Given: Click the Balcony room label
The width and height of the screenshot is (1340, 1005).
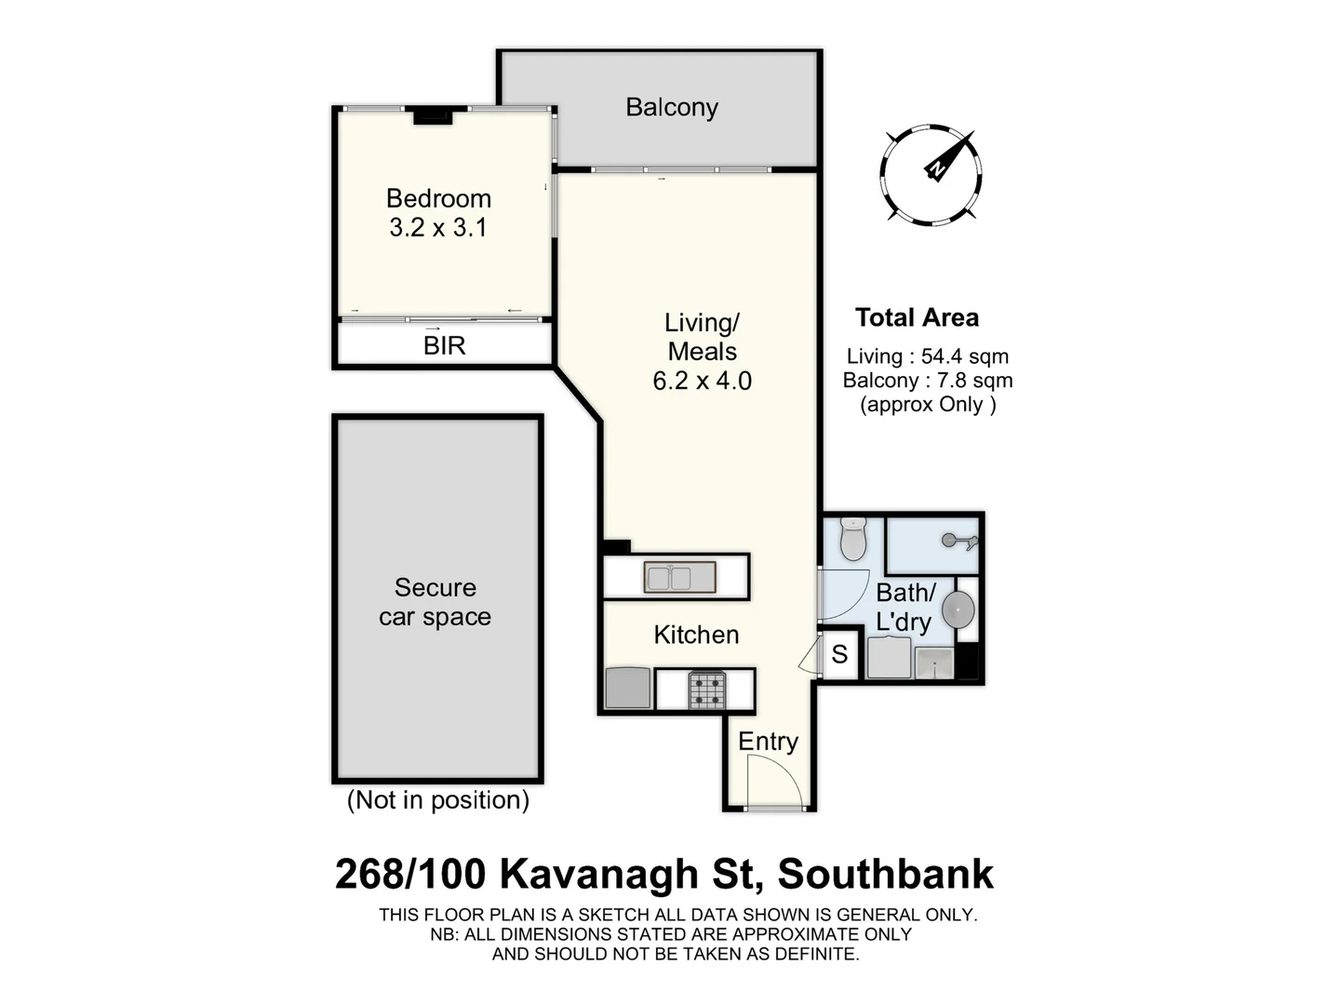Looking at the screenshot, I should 672,108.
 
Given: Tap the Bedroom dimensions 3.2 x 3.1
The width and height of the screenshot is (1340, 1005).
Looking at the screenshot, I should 438,228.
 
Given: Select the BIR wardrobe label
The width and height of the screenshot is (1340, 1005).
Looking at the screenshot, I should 444,346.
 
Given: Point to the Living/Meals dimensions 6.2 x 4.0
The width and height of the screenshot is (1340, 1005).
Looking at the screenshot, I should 703,381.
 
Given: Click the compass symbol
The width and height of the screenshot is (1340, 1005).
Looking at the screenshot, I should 931,174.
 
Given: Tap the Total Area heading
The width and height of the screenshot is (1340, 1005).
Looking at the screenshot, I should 917,318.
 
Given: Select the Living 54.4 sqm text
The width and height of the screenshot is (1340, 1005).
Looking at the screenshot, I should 927,356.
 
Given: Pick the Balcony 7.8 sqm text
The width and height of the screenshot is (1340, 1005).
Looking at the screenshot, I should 927,381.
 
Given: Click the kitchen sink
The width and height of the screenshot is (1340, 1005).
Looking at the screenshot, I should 680,578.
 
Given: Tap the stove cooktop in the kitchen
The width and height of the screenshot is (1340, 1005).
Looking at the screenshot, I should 706,690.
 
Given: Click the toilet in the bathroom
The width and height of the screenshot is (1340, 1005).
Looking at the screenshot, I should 853,539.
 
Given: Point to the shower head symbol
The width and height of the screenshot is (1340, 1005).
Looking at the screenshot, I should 958,541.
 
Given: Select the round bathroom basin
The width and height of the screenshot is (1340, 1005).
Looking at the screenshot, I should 958,610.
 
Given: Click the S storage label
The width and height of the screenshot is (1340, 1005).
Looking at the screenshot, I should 839,655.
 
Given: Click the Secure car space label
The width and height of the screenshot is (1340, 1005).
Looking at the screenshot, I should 435,602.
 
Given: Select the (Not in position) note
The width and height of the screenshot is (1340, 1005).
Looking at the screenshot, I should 437,800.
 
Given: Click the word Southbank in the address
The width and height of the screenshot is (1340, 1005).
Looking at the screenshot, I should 885,875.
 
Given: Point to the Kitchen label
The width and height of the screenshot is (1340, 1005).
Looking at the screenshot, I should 696,635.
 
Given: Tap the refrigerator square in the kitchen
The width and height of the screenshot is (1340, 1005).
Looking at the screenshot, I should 628,689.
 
